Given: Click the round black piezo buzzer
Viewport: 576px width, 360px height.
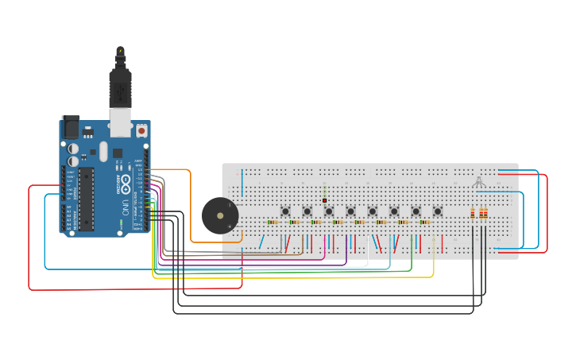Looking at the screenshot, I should (x=219, y=215).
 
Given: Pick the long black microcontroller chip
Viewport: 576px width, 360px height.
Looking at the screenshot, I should (x=86, y=199).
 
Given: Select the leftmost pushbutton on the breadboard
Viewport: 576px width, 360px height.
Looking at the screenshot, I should (x=285, y=211).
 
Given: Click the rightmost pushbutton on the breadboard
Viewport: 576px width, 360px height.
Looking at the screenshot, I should (x=437, y=211).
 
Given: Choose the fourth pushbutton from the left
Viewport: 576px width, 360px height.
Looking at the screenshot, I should (x=350, y=211).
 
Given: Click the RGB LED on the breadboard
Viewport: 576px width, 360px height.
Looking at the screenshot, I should (x=477, y=181).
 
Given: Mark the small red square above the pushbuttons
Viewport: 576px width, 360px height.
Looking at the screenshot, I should (x=325, y=201).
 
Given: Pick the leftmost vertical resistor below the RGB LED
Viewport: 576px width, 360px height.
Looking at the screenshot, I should (x=474, y=213).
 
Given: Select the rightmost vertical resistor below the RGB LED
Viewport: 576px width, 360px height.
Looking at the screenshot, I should (x=485, y=213).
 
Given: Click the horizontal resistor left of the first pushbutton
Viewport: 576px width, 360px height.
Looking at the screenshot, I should (x=272, y=223).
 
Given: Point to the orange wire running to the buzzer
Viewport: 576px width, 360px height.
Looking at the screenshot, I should (x=191, y=199).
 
